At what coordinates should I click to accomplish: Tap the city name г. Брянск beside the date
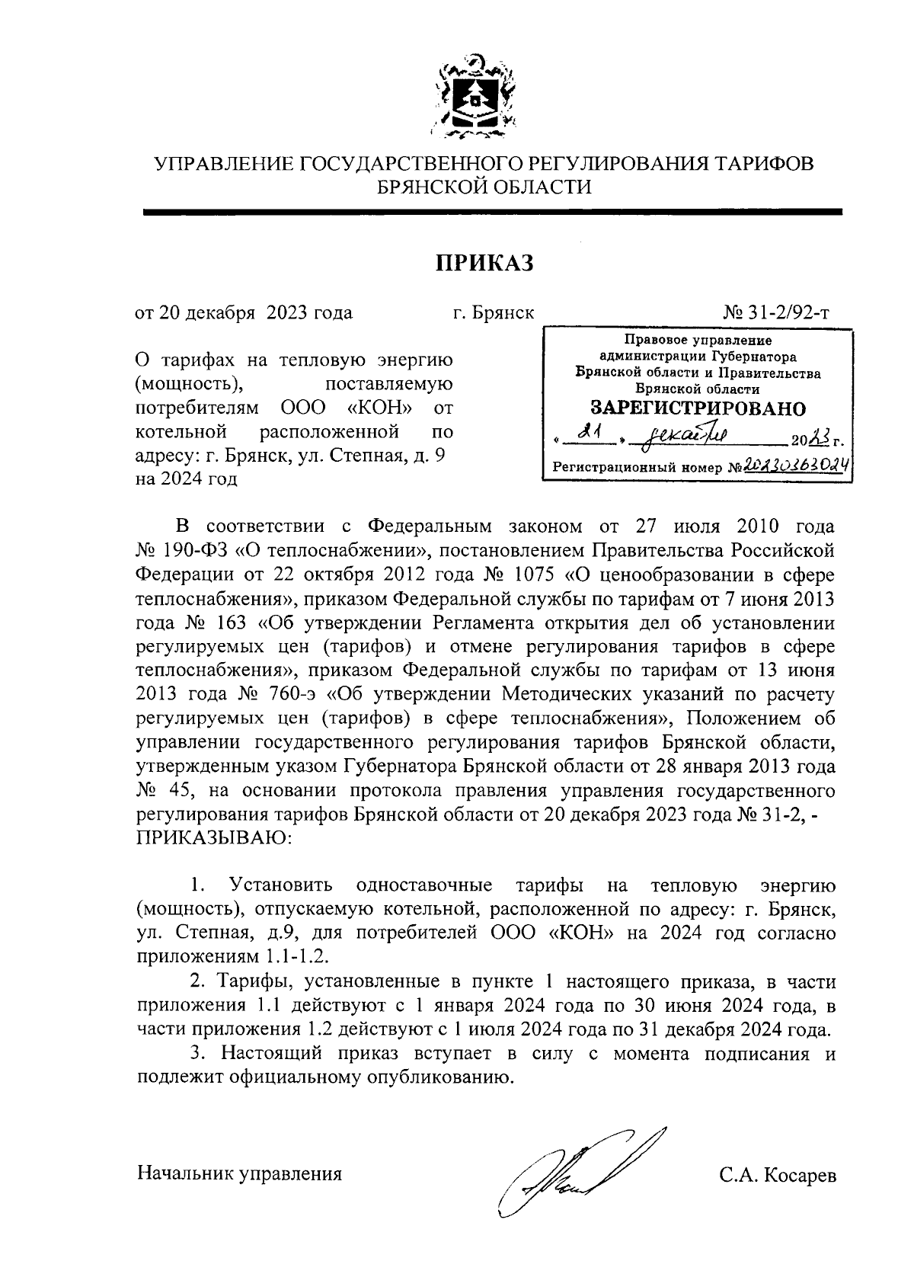click(493, 312)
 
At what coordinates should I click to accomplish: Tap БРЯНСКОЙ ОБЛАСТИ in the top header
click(485, 187)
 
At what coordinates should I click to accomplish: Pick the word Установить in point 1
click(281, 885)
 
